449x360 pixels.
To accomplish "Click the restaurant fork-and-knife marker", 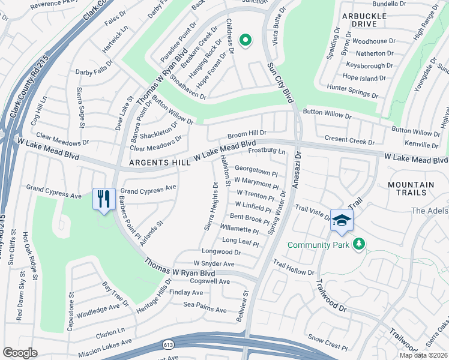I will click(103, 198).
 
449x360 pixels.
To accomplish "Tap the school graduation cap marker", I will click(342, 220).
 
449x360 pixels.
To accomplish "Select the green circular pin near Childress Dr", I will click(245, 40).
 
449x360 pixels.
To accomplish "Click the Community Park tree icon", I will click(359, 244).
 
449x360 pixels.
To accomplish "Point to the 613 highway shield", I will click(169, 344).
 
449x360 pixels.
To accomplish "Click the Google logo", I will click(20, 353).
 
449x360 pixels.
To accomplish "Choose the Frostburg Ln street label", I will click(266, 150).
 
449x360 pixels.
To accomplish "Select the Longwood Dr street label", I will click(221, 253).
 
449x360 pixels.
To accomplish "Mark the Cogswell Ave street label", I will click(209, 281).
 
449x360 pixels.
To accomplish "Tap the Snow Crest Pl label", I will click(327, 346).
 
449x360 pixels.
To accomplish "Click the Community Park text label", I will click(318, 245).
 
